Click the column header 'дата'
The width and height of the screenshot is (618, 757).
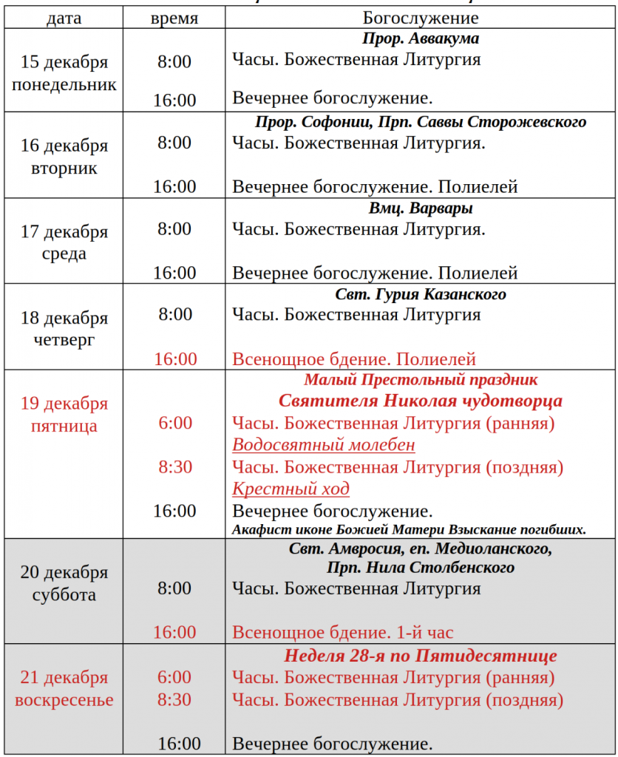pos(64,18)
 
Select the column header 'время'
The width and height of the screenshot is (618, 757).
pos(174,18)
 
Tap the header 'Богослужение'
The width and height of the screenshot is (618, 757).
pos(421,18)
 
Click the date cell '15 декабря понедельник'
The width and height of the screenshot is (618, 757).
pos(64,72)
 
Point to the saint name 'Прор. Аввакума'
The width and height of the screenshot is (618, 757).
pos(421,39)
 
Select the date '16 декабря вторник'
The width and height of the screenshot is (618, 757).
pos(64,157)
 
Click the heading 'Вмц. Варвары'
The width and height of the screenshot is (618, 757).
pos(421,208)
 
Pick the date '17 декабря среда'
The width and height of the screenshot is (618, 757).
pos(64,242)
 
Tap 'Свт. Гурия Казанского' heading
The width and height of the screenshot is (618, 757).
pos(421,294)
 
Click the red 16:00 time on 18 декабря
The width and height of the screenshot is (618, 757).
pos(175,359)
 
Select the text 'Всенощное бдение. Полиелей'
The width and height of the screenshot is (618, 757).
pos(354,360)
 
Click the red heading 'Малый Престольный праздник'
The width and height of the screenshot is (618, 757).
pos(421,381)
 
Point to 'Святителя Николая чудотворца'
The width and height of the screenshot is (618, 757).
pos(421,401)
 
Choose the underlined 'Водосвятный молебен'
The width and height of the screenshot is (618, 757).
pos(324,445)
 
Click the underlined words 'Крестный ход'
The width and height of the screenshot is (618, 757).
pos(291,489)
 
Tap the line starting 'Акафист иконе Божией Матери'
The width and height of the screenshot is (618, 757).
pos(409,529)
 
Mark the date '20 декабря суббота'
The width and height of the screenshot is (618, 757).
pos(64,583)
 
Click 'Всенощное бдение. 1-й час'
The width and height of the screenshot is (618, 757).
pos(343,632)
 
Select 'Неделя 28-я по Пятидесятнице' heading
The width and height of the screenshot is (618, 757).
pos(421,656)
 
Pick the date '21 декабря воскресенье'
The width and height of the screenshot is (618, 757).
pos(64,688)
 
